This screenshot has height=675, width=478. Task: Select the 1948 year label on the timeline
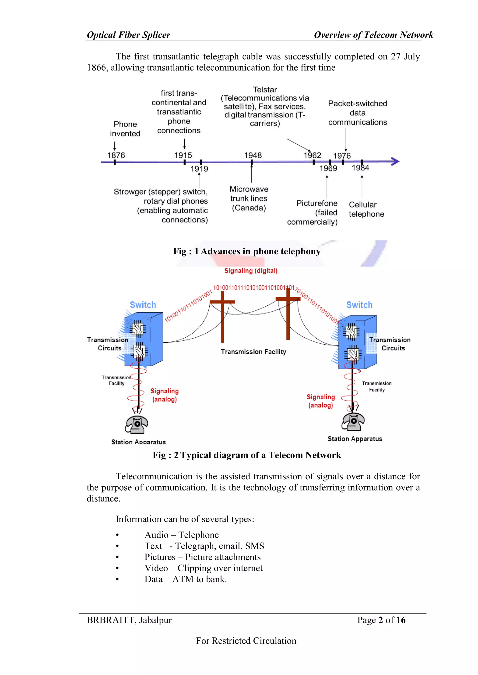click(x=253, y=155)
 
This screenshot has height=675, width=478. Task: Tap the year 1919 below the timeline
click(x=199, y=169)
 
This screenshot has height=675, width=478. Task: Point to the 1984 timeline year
click(x=360, y=168)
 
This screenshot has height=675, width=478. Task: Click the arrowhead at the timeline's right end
click(x=395, y=161)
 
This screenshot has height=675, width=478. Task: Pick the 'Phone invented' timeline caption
click(x=125, y=129)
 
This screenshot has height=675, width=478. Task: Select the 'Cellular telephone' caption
click(x=366, y=209)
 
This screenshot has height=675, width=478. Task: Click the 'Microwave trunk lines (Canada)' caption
click(x=249, y=198)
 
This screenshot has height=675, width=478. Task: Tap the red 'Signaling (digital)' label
click(x=251, y=271)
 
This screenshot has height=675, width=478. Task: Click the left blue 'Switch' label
click(x=143, y=305)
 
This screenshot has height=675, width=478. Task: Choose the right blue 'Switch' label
click(x=359, y=305)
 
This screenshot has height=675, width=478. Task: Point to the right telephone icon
click(x=353, y=421)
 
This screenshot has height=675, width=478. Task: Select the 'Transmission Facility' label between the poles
click(x=253, y=352)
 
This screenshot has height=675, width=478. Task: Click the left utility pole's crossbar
click(x=222, y=302)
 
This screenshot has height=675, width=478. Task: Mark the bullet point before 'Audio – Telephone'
click(x=117, y=535)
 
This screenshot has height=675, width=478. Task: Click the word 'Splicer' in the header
click(x=156, y=35)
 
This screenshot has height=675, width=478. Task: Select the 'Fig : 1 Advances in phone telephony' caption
click(x=247, y=251)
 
